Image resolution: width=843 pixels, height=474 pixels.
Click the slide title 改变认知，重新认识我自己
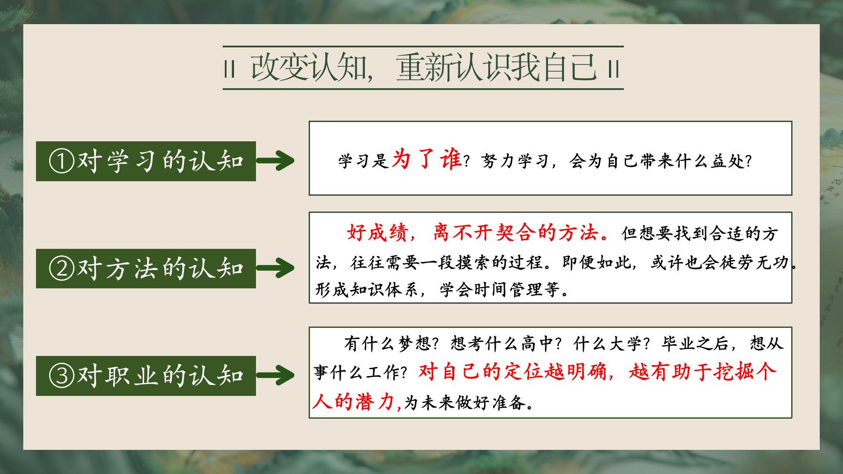423,68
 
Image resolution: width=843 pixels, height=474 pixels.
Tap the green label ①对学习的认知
146,161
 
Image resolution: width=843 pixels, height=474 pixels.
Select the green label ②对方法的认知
146,269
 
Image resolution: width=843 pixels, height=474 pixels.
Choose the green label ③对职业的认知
146,376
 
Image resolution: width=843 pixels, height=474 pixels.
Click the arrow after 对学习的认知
275,161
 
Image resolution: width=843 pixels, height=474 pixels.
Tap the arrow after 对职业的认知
275,375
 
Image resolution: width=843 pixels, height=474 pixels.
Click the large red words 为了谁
426,158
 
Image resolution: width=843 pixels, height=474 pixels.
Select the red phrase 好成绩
378,233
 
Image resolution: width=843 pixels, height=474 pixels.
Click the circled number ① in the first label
61,162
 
